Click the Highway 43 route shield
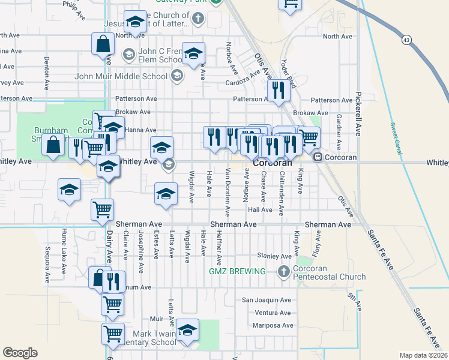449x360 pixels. tap(407, 40)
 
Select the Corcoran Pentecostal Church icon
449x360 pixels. tap(285, 272)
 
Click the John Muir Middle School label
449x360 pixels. tap(121, 76)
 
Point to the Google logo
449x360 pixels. tap(20, 353)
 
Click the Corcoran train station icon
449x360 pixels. tap(318, 157)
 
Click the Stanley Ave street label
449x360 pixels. tap(274, 256)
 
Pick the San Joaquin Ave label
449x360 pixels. tap(266, 300)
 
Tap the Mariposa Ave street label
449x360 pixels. tap(274, 326)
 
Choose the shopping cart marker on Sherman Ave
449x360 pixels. tap(102, 209)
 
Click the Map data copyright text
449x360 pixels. tap(424, 355)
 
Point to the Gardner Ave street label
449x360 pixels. tap(339, 132)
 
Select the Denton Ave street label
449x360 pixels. tap(46, 70)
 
